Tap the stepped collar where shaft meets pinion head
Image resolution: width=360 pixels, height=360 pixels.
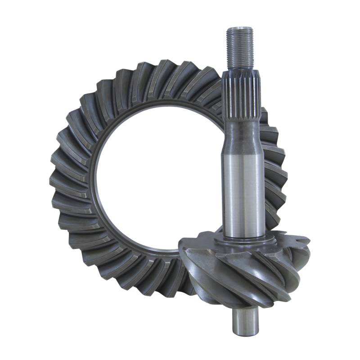click(245, 241)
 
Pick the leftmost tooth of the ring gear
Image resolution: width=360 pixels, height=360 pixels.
click(56, 180)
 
